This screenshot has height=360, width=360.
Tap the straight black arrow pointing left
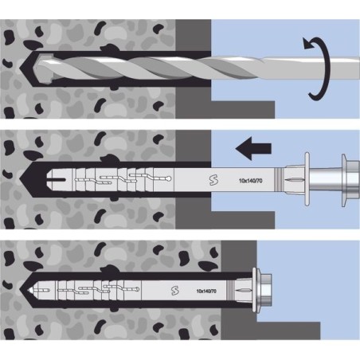253,148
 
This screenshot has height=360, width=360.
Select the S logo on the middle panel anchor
213,180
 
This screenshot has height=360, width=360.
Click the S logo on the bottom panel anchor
174,291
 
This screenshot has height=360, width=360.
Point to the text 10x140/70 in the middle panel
251,181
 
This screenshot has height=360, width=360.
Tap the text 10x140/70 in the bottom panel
206,291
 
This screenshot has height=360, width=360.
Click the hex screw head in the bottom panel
266,291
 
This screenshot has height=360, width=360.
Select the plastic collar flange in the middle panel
307,178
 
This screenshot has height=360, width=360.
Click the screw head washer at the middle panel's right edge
344,180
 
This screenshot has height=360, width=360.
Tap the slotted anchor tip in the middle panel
57,180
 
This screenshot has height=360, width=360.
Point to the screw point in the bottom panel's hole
33,290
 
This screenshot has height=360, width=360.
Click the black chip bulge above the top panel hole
108,48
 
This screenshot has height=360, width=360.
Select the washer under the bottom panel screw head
256,291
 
